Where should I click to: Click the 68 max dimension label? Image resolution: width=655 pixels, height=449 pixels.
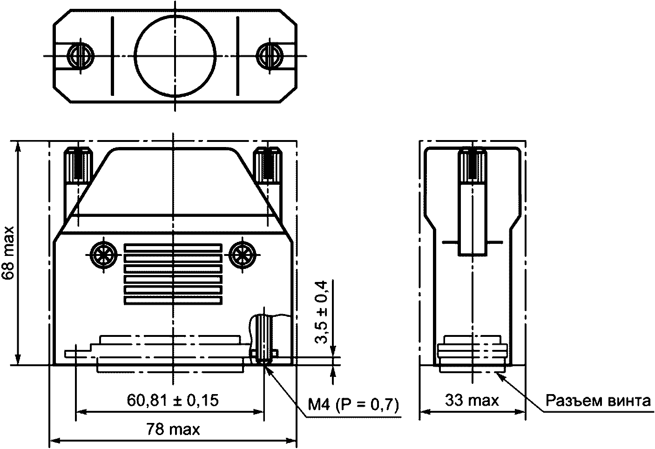8,253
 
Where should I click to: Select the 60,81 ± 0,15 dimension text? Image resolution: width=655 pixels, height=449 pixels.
173,400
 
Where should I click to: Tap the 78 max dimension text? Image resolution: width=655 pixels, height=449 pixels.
173,429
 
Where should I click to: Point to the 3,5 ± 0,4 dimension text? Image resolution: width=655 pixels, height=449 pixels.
321,312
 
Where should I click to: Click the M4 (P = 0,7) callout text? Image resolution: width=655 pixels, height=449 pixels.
353,405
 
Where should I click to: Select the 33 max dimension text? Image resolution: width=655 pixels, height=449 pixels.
472,400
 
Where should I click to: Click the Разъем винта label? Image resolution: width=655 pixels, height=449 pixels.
598,401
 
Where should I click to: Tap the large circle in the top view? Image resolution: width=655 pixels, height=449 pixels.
175,56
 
